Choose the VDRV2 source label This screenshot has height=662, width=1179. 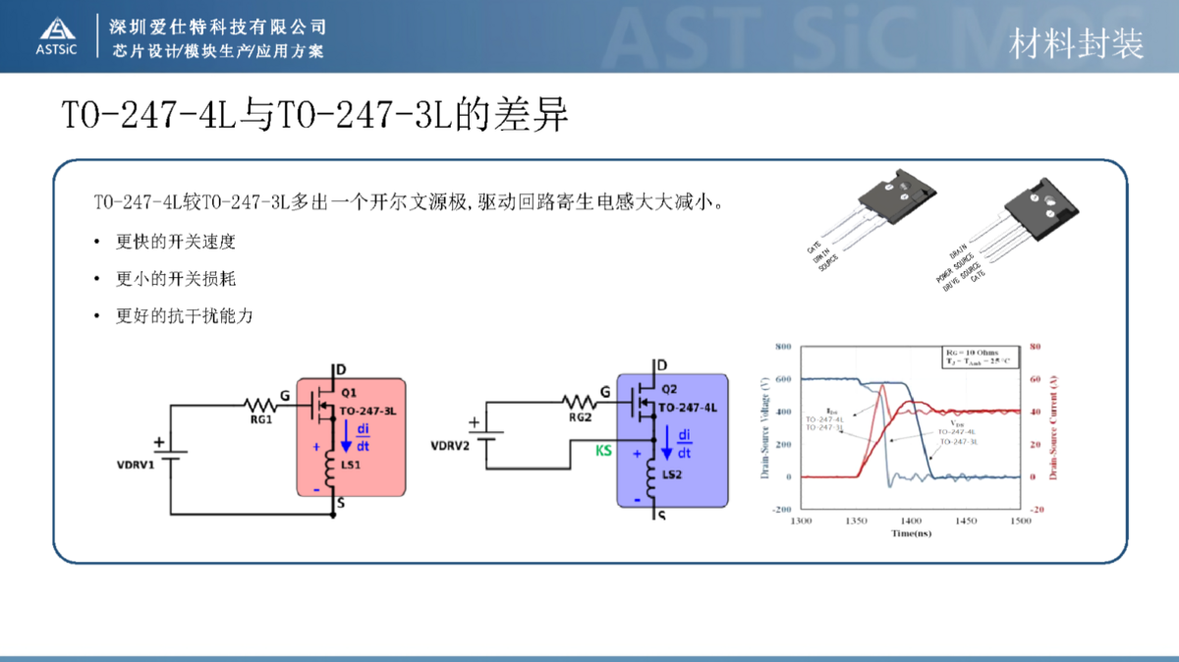click(x=450, y=446)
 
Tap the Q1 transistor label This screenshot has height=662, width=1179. click(x=350, y=391)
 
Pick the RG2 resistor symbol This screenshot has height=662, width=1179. click(x=581, y=400)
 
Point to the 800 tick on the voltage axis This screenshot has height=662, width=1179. click(x=782, y=348)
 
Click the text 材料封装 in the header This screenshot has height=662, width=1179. click(x=1077, y=44)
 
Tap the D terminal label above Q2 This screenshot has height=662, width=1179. click(x=660, y=364)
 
